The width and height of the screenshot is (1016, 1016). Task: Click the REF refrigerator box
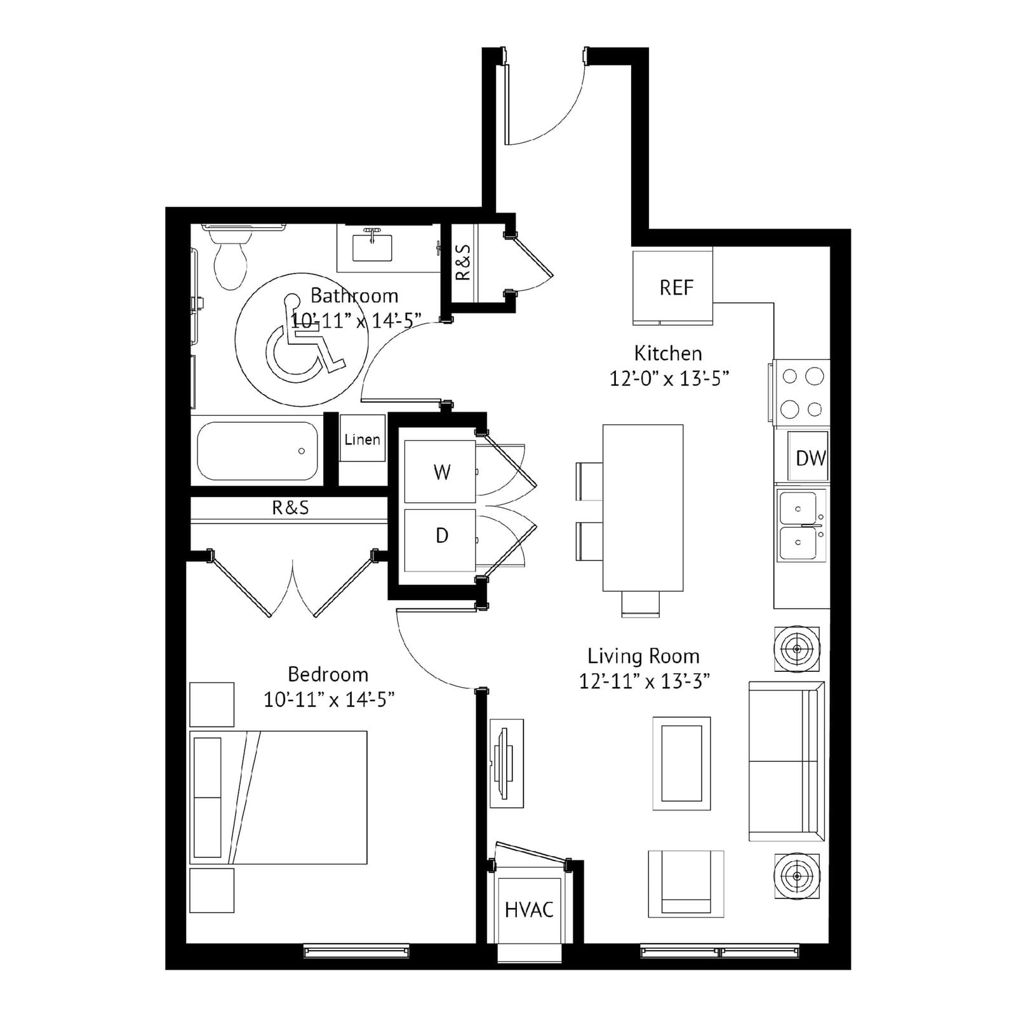672,286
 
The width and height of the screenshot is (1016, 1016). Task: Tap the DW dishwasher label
810,458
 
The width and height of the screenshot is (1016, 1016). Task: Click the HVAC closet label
529,910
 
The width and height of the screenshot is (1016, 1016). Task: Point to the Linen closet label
362,439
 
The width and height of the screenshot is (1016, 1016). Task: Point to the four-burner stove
802,392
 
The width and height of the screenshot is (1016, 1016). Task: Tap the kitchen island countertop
643,508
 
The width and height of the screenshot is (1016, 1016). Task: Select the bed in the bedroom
278,797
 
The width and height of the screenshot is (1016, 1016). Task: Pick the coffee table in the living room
681,763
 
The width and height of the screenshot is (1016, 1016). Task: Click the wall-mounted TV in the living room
506,763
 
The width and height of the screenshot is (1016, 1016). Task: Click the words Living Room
643,656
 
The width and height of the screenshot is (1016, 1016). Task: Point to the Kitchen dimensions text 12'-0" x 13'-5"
669,378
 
